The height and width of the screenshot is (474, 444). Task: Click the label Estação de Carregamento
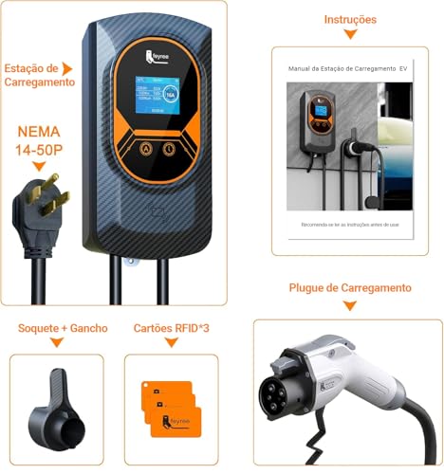pyautogui.click(x=39, y=75)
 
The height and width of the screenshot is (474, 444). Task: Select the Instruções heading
pyautogui.click(x=349, y=19)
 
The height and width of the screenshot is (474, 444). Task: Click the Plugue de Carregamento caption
pyautogui.click(x=349, y=287)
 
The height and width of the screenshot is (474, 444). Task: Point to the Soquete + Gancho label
pyautogui.click(x=63, y=329)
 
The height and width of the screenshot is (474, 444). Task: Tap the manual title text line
pyautogui.click(x=349, y=69)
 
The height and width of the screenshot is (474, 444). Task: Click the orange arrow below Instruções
pyautogui.click(x=349, y=35)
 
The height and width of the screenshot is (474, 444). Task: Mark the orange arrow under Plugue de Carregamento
pyautogui.click(x=349, y=305)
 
